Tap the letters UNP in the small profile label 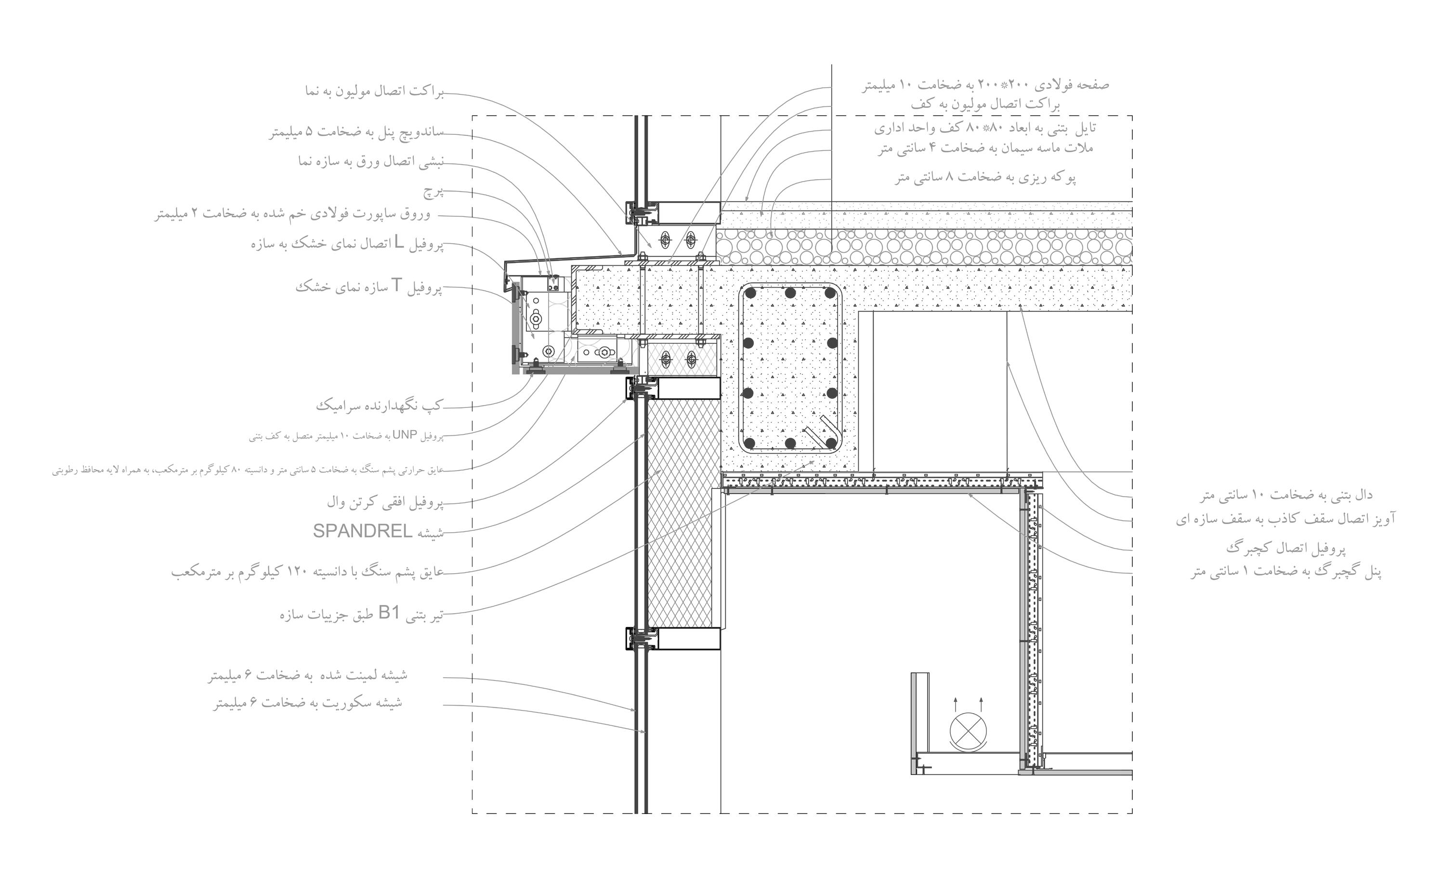405,435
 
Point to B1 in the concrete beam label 389,614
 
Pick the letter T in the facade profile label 396,286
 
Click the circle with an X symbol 968,732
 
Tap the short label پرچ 433,192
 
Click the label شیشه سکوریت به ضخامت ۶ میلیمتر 308,703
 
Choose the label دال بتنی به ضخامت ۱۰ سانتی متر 1285,496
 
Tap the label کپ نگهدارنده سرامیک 379,405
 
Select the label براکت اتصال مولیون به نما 374,92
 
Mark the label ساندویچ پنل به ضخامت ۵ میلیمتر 356,131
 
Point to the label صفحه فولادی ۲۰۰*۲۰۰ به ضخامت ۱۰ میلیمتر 985,85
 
